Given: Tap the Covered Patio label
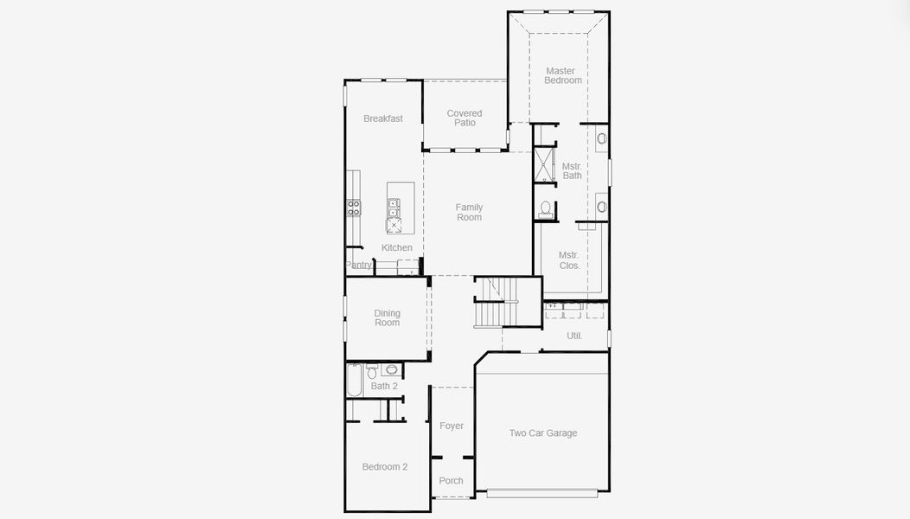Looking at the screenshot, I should [465, 118].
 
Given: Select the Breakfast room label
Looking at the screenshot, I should [382, 119].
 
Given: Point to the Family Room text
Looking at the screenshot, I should [469, 212].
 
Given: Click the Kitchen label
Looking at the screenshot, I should [397, 247].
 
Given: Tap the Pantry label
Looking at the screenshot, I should [359, 265].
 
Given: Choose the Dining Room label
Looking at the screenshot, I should [387, 318].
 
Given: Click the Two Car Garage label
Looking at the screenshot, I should [542, 433].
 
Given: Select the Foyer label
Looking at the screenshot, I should [452, 426].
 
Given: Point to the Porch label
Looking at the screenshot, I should [452, 481].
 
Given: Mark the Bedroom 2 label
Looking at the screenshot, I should [385, 467].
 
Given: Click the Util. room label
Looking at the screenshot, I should [574, 336].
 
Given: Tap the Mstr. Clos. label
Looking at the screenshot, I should [568, 260].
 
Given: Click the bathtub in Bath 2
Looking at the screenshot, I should [355, 379].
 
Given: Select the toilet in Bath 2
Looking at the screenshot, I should [373, 372].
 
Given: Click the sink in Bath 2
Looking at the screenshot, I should [392, 370].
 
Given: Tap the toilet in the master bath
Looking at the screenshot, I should [546, 208].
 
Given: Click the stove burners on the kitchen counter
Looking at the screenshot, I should [354, 207].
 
